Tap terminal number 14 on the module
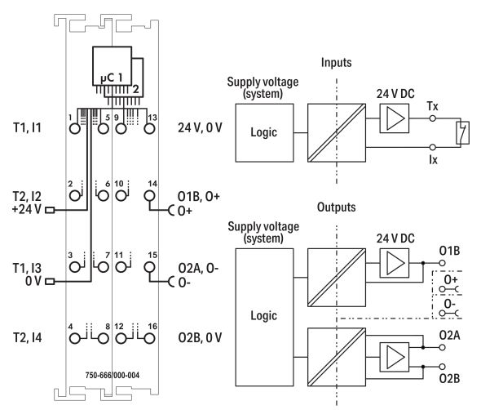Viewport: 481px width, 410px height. click(x=149, y=196)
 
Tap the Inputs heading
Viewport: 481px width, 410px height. click(x=336, y=61)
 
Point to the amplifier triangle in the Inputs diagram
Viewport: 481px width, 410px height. click(x=392, y=121)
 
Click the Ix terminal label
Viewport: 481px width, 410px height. click(x=433, y=159)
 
